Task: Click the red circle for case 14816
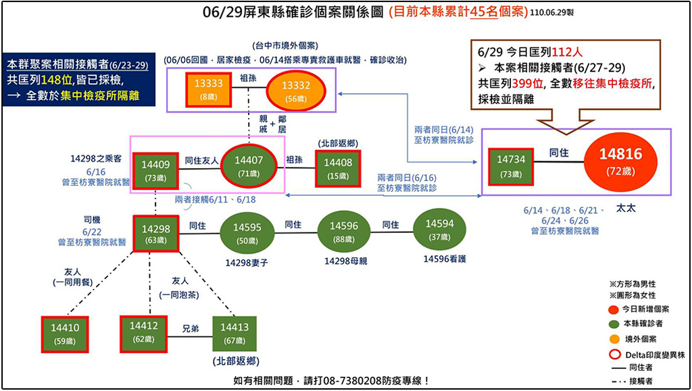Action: tap(619, 161)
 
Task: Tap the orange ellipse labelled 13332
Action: tap(296, 90)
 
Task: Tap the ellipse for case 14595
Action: tap(247, 234)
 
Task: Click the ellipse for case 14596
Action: tap(343, 232)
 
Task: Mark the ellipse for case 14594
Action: tap(439, 230)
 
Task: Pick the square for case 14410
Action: tap(64, 333)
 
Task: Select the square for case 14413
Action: tap(234, 333)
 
